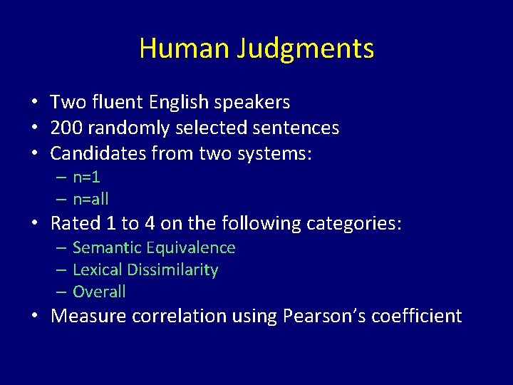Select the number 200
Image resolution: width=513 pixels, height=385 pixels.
[x=66, y=128]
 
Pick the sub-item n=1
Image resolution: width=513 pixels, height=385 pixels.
[x=86, y=178]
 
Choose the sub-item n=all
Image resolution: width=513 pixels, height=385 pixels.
[x=90, y=199]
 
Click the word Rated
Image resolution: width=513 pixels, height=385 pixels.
[x=76, y=224]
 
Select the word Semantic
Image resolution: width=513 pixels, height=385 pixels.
[x=107, y=248]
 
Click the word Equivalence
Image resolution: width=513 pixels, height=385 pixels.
[x=191, y=248]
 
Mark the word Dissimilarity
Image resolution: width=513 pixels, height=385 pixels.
[x=174, y=270]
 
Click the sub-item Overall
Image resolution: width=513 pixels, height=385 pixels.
[x=99, y=292]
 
